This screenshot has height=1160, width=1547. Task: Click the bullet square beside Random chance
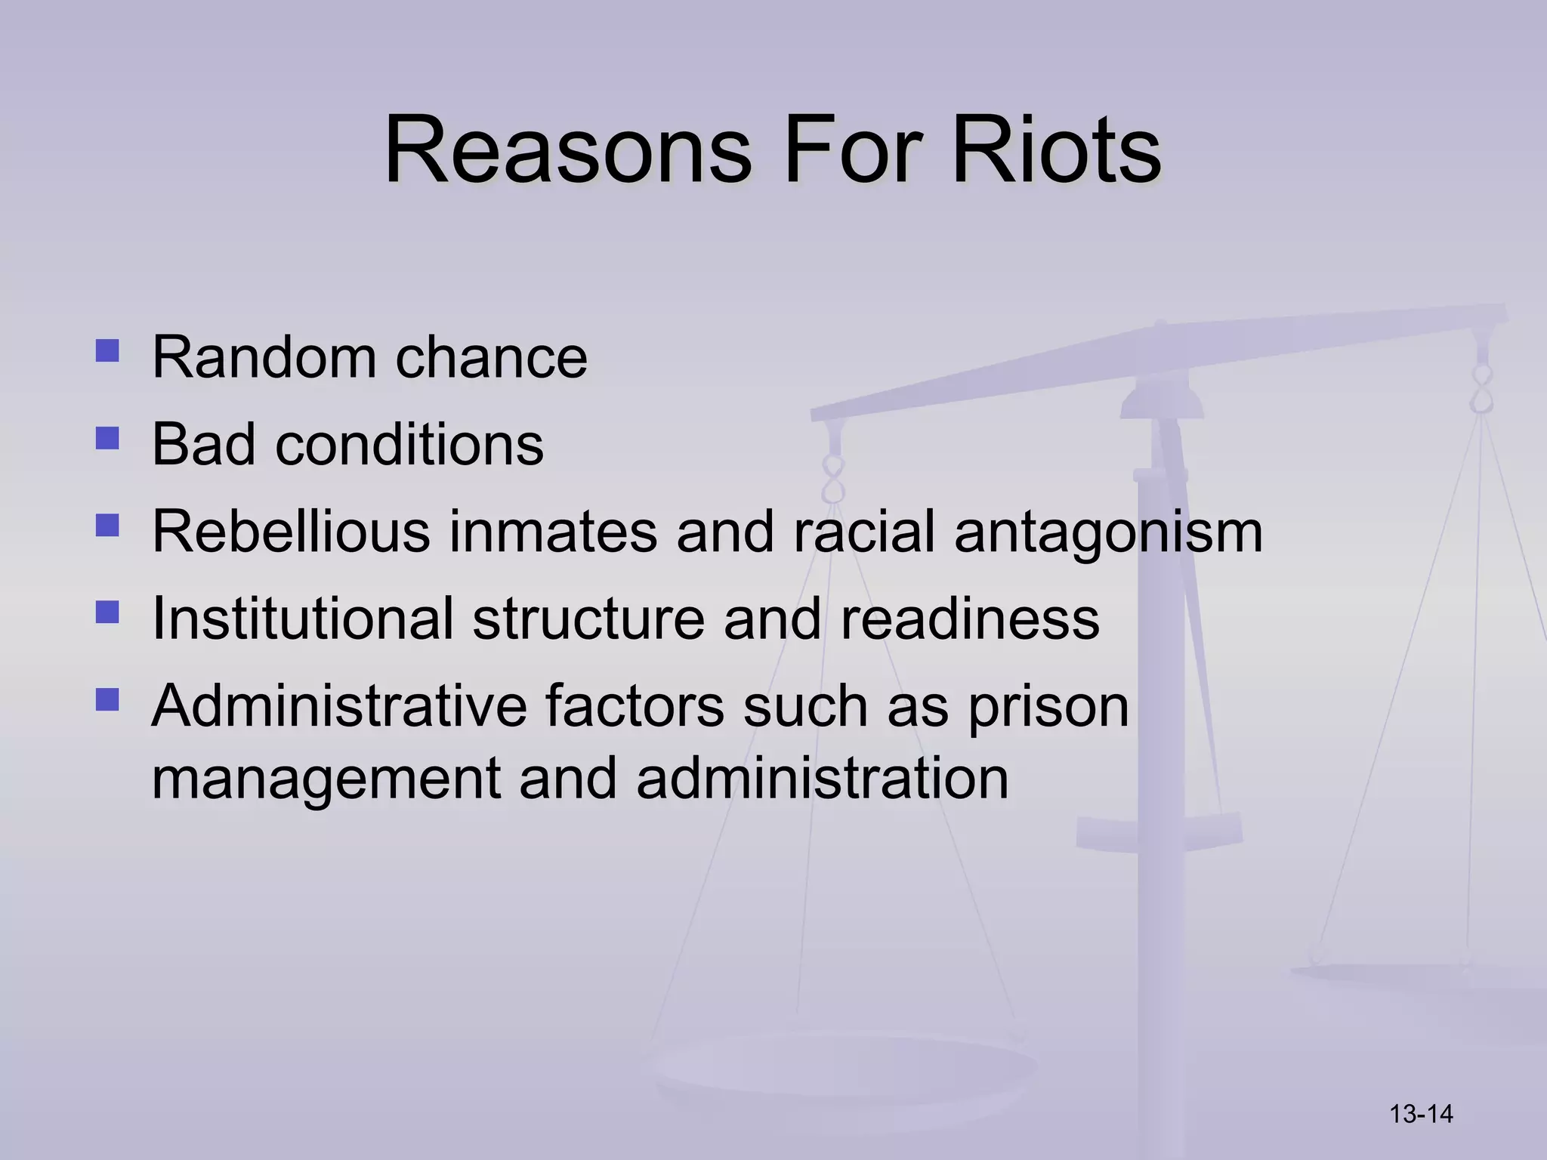[108, 351]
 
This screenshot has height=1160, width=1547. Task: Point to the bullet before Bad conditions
[108, 438]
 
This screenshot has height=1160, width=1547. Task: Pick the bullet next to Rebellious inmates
[108, 526]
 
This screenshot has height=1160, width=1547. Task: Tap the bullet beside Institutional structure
[108, 612]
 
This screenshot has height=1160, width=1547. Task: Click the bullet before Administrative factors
[108, 699]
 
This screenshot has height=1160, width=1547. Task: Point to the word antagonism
[1108, 533]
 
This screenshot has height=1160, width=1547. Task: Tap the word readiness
[969, 619]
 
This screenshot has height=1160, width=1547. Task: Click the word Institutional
[302, 619]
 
